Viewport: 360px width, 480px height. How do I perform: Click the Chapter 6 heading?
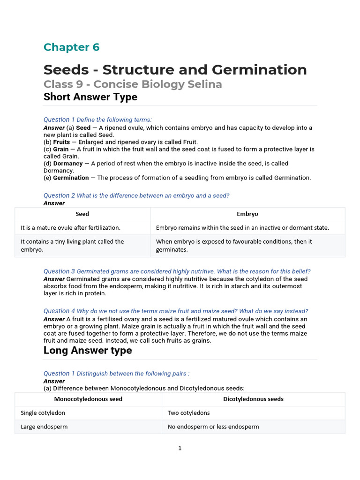(71, 47)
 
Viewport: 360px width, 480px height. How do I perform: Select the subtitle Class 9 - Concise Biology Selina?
(133, 84)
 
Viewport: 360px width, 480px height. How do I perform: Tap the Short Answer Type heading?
(90, 97)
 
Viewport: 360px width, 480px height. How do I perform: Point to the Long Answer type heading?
(88, 351)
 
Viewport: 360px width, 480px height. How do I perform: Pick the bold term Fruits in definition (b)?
(61, 142)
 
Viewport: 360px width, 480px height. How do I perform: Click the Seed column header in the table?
(82, 214)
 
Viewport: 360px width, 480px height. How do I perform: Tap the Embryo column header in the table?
(247, 214)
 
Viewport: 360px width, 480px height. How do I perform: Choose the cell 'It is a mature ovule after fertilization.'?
(71, 228)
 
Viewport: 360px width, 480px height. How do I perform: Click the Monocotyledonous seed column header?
(88, 399)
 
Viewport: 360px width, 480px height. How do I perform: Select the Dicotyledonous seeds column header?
(253, 399)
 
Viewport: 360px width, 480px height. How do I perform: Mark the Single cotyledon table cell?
(43, 413)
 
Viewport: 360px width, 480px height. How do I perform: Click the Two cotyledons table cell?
(188, 413)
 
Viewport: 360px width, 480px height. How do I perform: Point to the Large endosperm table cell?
(44, 427)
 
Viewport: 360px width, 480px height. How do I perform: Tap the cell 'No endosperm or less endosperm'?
(213, 427)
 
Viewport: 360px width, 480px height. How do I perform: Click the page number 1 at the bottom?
(180, 449)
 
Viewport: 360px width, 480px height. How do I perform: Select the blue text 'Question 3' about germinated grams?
(59, 271)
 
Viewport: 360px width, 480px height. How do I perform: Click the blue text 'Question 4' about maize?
(59, 311)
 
